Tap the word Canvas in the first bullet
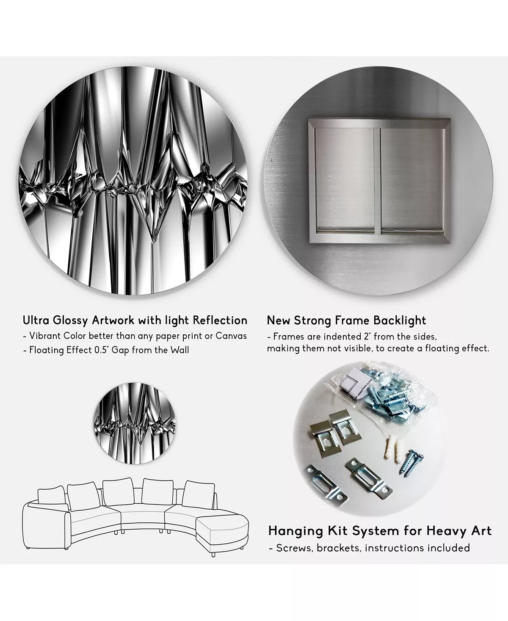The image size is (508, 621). [x=231, y=336]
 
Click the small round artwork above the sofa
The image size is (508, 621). [x=135, y=423]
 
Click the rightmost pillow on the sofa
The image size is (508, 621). [x=198, y=494]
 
